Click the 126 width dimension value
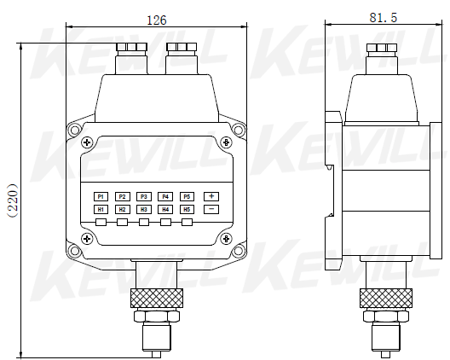pos(156,19)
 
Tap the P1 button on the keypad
pos(101,196)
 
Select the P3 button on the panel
pos(144,196)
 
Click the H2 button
pos(122,209)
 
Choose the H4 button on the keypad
pos(166,209)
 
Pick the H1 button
pos(101,209)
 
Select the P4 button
pos(166,196)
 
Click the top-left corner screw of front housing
pos(75,131)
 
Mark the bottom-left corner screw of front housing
pos(75,251)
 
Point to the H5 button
pos(187,209)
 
